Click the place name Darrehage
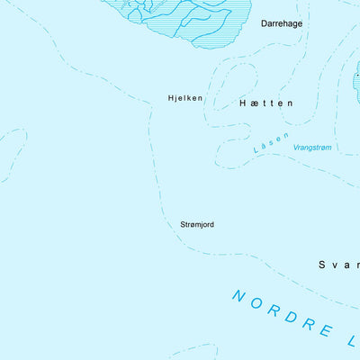pos(281,23)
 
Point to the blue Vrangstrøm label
pos(314,147)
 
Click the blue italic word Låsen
pos(272,142)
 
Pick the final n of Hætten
pos(290,103)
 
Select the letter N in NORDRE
pos(238,294)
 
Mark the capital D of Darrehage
pos(265,23)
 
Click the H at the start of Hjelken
pos(171,97)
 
